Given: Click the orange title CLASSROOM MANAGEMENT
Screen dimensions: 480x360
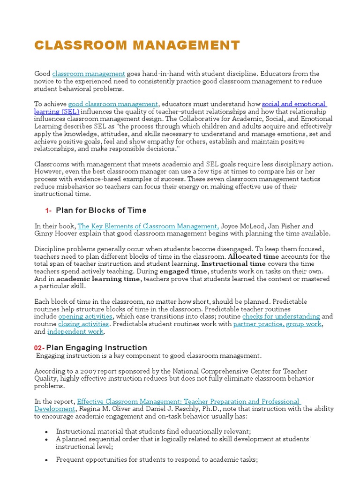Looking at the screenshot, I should coord(137,45).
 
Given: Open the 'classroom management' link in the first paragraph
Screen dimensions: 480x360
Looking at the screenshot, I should coord(89,74).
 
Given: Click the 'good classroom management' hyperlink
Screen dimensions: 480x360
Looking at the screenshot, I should coord(113,104).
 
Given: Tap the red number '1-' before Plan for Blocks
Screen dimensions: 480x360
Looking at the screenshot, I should coord(48,210).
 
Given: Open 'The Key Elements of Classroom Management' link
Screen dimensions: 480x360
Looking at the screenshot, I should coord(148,226).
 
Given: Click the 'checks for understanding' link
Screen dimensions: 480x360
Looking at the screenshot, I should coord(281,317).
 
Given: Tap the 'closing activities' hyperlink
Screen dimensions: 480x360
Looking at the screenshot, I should coord(83,324).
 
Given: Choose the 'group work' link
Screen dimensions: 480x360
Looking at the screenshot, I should coord(304,324).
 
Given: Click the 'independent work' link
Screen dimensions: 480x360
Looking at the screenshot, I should coord(75,332).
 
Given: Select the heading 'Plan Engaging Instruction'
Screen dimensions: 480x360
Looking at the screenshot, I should coord(97,348).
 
